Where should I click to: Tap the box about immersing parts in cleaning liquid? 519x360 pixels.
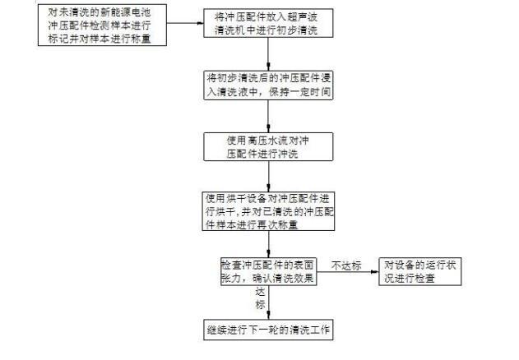tap(270, 85)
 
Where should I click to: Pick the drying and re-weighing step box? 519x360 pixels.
tap(270, 212)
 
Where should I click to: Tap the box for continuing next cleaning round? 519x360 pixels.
tap(270, 330)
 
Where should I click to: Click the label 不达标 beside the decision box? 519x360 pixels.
tap(346, 265)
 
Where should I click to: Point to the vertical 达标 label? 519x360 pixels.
tap(261, 298)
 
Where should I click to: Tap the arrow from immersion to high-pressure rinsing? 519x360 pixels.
tap(270, 115)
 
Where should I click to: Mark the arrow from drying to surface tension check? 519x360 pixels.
tap(270, 244)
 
